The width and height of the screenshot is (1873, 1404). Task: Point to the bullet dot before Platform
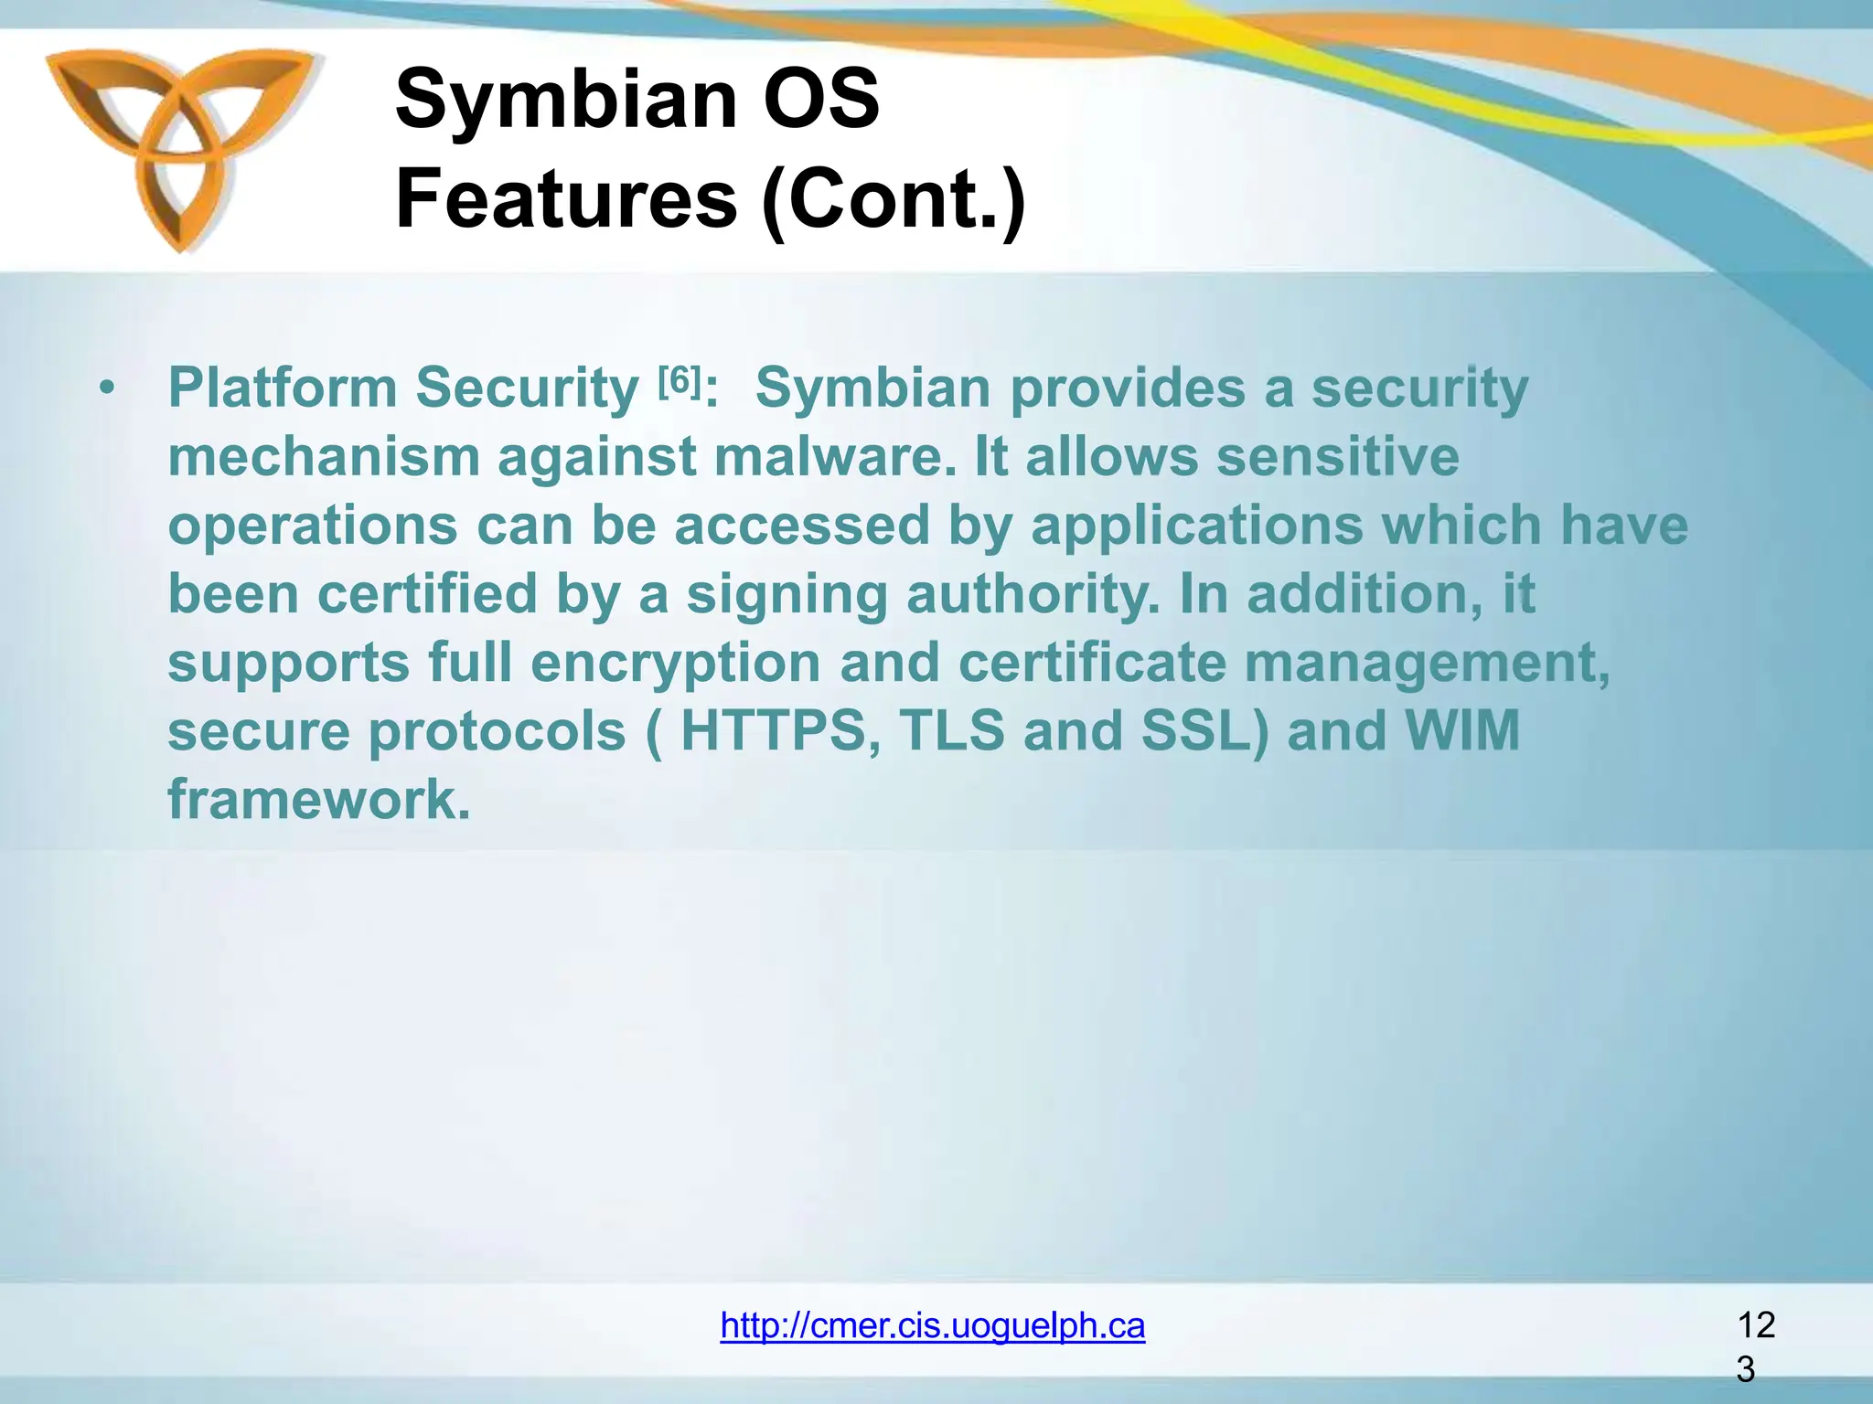[108, 389]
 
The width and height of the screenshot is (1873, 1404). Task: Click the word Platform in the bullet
[282, 388]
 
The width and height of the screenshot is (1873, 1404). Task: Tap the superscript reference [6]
[679, 379]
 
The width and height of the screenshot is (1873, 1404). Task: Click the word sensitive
[1336, 456]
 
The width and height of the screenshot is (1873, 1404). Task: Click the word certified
[427, 594]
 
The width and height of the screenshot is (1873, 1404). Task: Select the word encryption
[675, 663]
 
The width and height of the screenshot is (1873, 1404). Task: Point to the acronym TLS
[952, 731]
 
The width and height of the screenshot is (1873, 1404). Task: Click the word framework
[319, 800]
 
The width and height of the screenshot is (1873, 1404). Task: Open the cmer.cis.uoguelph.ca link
[932, 1325]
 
